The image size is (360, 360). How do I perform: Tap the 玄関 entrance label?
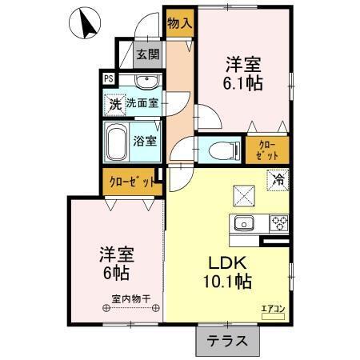146,55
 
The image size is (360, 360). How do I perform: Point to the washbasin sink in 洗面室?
145,83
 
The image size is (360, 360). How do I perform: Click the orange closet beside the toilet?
266,150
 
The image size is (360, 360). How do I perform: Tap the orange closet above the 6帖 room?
130,182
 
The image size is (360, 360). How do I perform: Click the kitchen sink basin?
243,222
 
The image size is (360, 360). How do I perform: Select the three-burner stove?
279,222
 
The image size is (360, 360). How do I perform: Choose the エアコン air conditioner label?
273,306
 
